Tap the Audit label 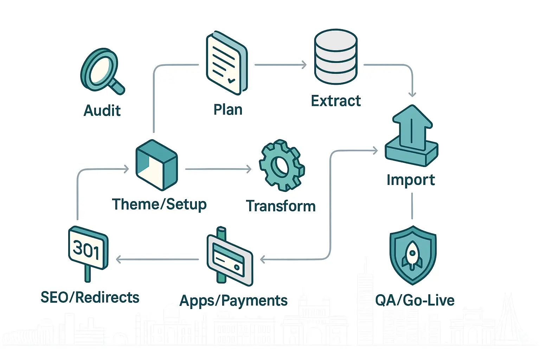(x=102, y=111)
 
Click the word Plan (x=228, y=110)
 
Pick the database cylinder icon (x=336, y=57)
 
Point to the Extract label (x=336, y=101)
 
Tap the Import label (x=411, y=180)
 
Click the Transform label (x=281, y=206)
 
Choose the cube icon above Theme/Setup (x=156, y=165)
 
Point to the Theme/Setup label (x=159, y=204)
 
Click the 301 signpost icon (x=88, y=250)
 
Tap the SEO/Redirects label (x=90, y=297)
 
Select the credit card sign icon (x=230, y=258)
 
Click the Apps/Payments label (x=233, y=301)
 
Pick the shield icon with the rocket (x=413, y=255)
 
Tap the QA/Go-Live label (x=415, y=300)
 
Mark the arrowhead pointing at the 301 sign (x=118, y=259)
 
